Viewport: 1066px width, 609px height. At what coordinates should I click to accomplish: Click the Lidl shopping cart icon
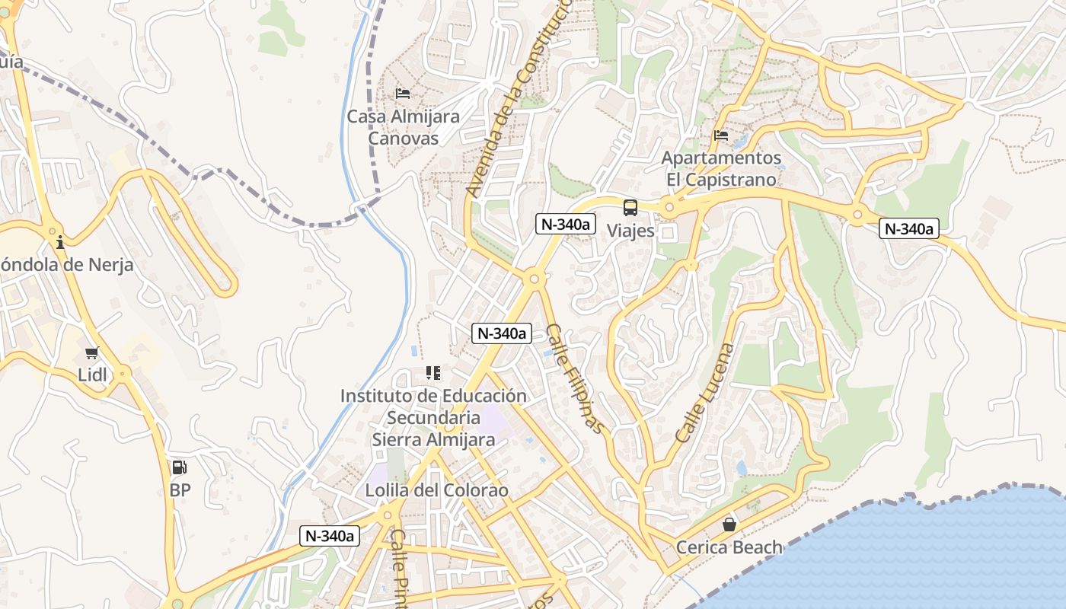pyautogui.click(x=92, y=352)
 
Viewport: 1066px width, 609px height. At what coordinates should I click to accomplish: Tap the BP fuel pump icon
pyautogui.click(x=179, y=467)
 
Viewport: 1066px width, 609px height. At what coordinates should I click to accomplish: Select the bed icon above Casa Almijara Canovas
pyautogui.click(x=403, y=94)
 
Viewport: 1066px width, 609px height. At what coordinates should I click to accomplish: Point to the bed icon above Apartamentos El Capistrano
pyautogui.click(x=721, y=136)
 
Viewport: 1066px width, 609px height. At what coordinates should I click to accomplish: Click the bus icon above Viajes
pyautogui.click(x=630, y=207)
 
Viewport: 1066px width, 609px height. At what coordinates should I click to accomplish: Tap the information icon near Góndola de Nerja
pyautogui.click(x=60, y=243)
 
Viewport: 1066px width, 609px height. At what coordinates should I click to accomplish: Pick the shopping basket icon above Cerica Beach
pyautogui.click(x=729, y=525)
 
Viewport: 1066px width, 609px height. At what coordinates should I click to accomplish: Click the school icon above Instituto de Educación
pyautogui.click(x=433, y=373)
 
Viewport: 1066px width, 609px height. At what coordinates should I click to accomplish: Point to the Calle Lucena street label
pyautogui.click(x=706, y=394)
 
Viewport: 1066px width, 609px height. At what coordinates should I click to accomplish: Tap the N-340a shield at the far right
pyautogui.click(x=908, y=228)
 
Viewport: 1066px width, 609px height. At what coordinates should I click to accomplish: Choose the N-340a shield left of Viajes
pyautogui.click(x=565, y=224)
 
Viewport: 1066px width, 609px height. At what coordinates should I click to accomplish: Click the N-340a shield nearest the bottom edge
pyautogui.click(x=329, y=536)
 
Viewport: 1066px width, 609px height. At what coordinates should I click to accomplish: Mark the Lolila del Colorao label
pyautogui.click(x=436, y=490)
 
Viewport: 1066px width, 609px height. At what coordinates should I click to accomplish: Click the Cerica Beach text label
pyautogui.click(x=729, y=547)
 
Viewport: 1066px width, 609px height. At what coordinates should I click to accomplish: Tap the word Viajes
pyautogui.click(x=630, y=230)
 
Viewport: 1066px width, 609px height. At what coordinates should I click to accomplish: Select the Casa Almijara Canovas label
pyautogui.click(x=404, y=127)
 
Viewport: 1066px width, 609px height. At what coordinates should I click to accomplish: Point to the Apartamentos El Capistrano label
pyautogui.click(x=721, y=169)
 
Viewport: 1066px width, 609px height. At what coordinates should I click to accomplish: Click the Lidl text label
pyautogui.click(x=93, y=375)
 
